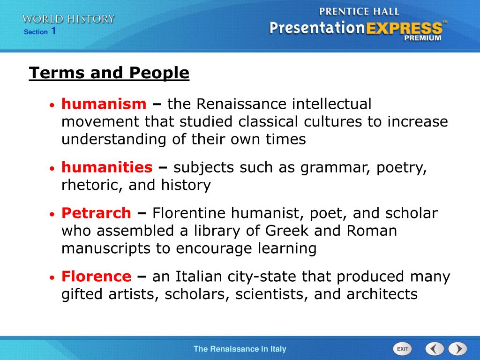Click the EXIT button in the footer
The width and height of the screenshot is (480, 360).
click(x=402, y=349)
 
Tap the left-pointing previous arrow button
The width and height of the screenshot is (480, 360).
click(x=435, y=349)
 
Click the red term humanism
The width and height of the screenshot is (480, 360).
click(x=104, y=104)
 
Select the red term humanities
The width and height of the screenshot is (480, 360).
click(x=107, y=167)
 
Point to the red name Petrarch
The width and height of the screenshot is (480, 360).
click(x=96, y=213)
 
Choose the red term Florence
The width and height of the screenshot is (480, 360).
click(x=96, y=277)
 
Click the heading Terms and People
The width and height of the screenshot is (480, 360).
click(x=109, y=73)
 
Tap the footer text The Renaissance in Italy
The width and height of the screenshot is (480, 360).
click(x=240, y=349)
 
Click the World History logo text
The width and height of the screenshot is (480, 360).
click(x=68, y=19)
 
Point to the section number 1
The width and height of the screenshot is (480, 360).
click(x=54, y=31)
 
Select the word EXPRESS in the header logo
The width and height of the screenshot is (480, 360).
click(x=404, y=28)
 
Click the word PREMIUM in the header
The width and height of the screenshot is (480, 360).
click(x=423, y=38)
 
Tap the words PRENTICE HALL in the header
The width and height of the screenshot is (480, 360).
click(x=359, y=11)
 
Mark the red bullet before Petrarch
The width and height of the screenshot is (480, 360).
click(x=53, y=215)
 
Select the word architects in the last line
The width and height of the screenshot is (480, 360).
click(x=382, y=294)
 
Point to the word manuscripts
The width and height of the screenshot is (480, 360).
click(x=106, y=248)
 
